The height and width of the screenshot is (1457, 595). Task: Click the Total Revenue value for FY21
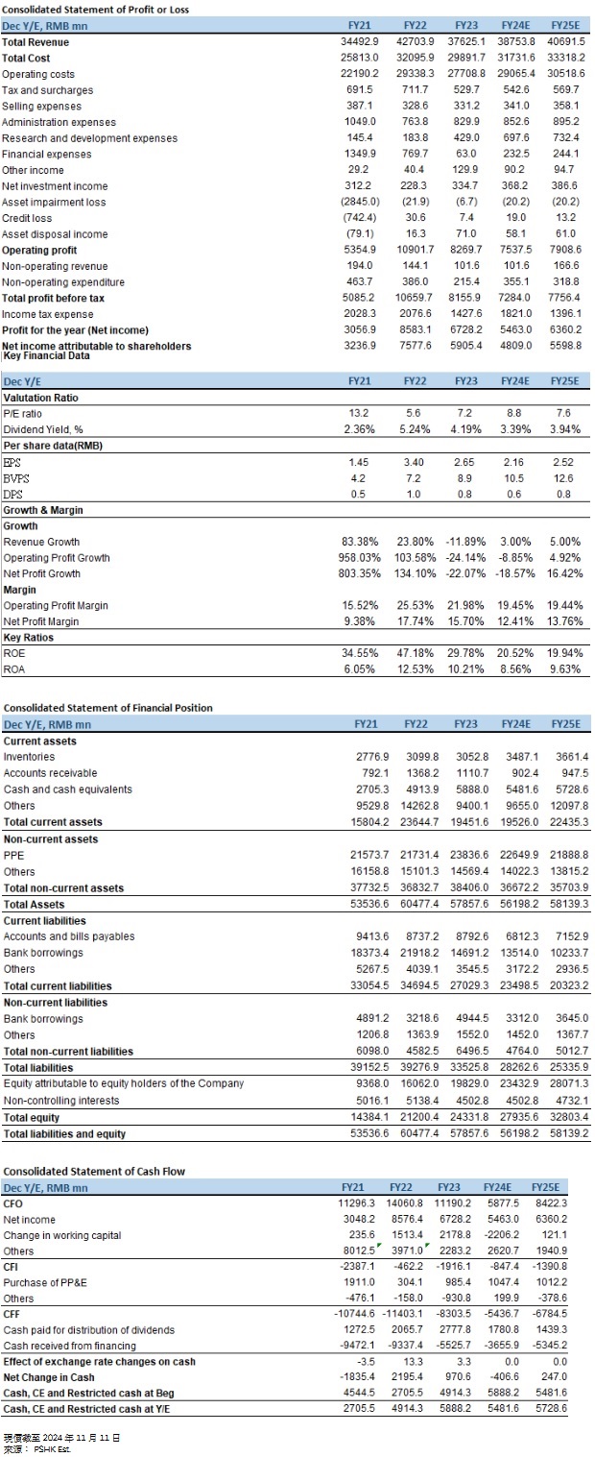pyautogui.click(x=360, y=41)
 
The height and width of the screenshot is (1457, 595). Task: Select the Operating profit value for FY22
pyautogui.click(x=415, y=249)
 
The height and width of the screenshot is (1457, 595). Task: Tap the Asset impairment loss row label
pyautogui.click(x=54, y=203)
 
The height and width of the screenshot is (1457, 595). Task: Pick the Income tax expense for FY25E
pyautogui.click(x=565, y=313)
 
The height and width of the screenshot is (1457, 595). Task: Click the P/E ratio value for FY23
pyautogui.click(x=465, y=413)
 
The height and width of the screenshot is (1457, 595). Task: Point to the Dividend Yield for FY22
pyautogui.click(x=415, y=429)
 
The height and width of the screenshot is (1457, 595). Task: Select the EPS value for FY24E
pyautogui.click(x=513, y=462)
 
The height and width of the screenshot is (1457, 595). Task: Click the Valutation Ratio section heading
pyautogui.click(x=41, y=398)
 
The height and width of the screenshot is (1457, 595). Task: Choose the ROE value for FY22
pyautogui.click(x=415, y=652)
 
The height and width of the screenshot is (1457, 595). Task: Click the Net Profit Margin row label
pyautogui.click(x=41, y=621)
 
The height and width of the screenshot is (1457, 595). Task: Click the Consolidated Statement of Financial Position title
pyautogui.click(x=107, y=708)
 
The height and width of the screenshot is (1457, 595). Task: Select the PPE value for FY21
pyautogui.click(x=369, y=855)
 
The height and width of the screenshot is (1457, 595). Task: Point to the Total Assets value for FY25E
pyautogui.click(x=569, y=904)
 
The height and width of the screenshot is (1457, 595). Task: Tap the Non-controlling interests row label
pyautogui.click(x=61, y=1101)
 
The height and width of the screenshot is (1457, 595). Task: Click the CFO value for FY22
pyautogui.click(x=404, y=1203)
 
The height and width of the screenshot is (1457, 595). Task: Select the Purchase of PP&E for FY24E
pyautogui.click(x=503, y=1282)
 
